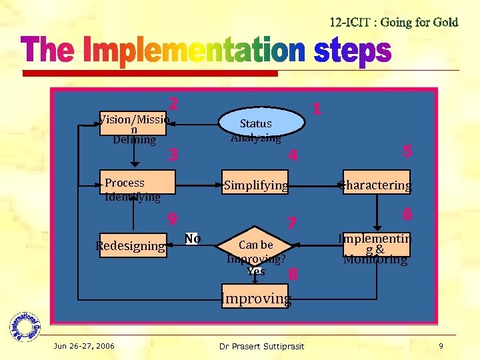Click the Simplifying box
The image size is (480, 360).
pos(256,185)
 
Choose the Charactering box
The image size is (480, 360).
pos(375,185)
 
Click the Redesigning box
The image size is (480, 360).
pos(131,245)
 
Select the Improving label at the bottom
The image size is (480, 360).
pos(256,298)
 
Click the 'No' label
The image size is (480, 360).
pos(193,239)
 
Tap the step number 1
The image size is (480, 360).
pos(317,108)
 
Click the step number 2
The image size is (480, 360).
pos(173,104)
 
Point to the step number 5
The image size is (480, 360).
pos(408,151)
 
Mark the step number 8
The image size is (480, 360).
pos(292,274)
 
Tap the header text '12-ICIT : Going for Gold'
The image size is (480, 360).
pos(394,22)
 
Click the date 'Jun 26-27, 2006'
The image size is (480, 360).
pos(85,346)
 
